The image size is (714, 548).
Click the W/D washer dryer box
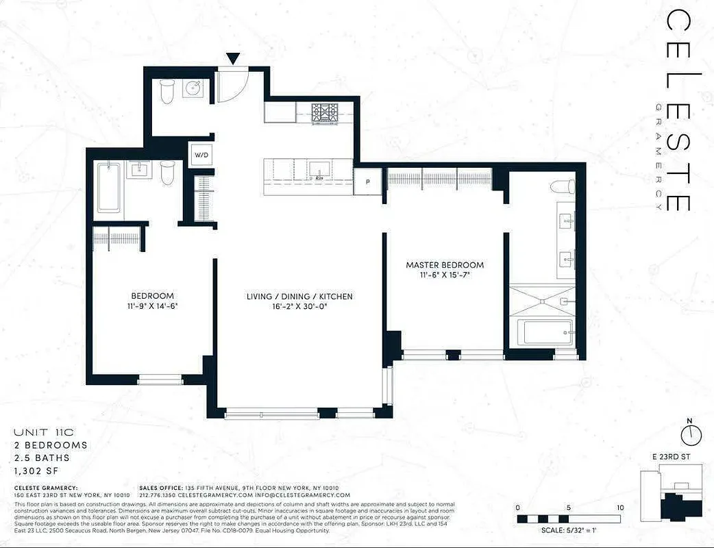click(x=201, y=155)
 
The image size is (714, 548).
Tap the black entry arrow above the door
click(x=234, y=60)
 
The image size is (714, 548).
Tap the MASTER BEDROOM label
click(x=445, y=265)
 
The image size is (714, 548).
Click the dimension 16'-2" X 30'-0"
click(x=299, y=307)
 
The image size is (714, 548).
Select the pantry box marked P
click(x=368, y=182)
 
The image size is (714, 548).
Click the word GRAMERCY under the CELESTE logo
click(x=658, y=157)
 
